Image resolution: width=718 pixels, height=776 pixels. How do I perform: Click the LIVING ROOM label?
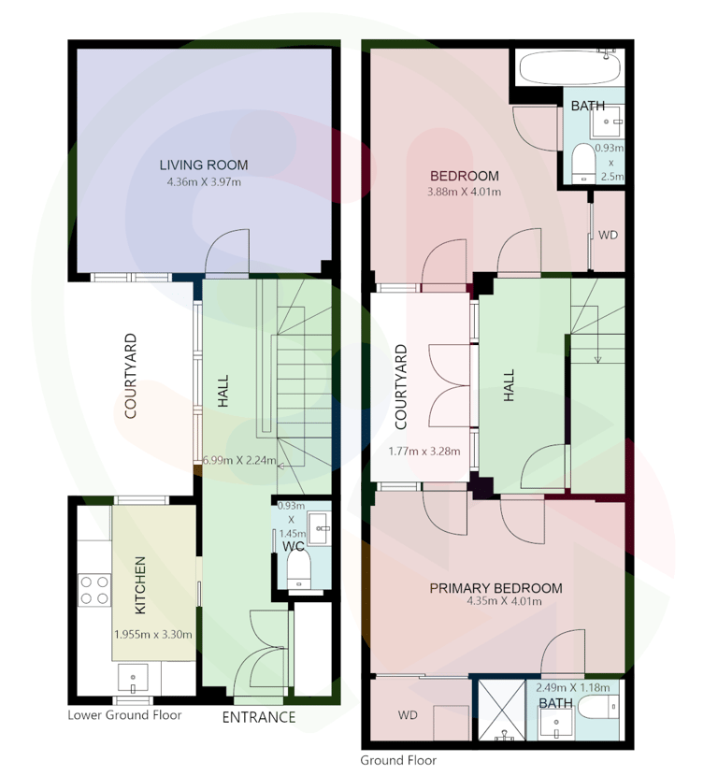(204, 165)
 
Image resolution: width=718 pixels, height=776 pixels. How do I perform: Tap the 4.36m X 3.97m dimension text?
(204, 182)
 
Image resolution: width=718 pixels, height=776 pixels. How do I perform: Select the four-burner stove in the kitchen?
(94, 590)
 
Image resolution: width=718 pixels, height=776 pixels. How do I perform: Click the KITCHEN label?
(140, 585)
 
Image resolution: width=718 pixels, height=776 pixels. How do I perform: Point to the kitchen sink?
(133, 679)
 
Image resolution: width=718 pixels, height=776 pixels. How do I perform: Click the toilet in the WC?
(299, 569)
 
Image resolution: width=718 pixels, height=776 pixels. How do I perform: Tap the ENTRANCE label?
(259, 717)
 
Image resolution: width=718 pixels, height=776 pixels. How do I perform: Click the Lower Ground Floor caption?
(124, 715)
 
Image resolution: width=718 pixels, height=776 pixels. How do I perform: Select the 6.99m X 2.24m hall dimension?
(239, 460)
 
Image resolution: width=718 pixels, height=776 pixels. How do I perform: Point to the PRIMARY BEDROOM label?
(495, 588)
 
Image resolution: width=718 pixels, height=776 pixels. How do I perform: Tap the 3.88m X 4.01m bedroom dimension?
(464, 192)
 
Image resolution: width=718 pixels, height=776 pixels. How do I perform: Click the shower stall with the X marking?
(502, 711)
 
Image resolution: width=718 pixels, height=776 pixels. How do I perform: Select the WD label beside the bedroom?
(608, 235)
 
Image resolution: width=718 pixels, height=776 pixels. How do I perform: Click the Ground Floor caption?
(398, 760)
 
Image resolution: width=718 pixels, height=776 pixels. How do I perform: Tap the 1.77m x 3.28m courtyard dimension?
(424, 452)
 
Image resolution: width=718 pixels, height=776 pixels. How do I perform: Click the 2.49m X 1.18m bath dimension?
(573, 687)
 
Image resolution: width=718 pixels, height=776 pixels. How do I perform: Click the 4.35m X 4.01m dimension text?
(504, 601)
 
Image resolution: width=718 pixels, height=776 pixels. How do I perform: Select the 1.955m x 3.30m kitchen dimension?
(153, 635)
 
